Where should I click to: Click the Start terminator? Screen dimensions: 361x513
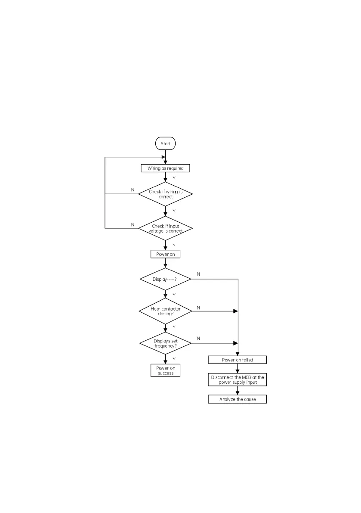(165, 143)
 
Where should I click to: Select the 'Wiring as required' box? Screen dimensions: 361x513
(165, 168)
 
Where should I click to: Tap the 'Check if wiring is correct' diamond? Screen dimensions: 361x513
(165, 194)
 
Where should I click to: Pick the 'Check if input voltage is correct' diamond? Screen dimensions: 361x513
(165, 228)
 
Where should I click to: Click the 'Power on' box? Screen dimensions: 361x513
(165, 254)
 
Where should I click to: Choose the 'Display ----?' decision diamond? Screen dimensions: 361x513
(165, 279)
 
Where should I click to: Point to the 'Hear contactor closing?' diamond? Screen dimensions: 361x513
(165, 311)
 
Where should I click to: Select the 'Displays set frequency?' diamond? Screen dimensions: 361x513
(165, 343)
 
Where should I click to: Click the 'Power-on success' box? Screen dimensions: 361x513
(165, 370)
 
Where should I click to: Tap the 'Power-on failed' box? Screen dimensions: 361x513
(238, 360)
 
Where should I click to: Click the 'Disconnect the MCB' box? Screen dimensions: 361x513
(238, 379)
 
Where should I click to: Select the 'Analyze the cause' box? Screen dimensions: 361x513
(238, 399)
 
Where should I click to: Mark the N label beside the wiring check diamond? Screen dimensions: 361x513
(133, 190)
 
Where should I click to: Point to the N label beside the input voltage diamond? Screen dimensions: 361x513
(133, 224)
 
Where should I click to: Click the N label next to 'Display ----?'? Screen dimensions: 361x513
(198, 274)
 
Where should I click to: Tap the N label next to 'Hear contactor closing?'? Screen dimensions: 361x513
(198, 308)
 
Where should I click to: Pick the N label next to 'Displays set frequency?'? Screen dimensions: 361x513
(198, 339)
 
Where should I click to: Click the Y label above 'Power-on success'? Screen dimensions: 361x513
(174, 359)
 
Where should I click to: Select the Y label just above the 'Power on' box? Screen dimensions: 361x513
(174, 245)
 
